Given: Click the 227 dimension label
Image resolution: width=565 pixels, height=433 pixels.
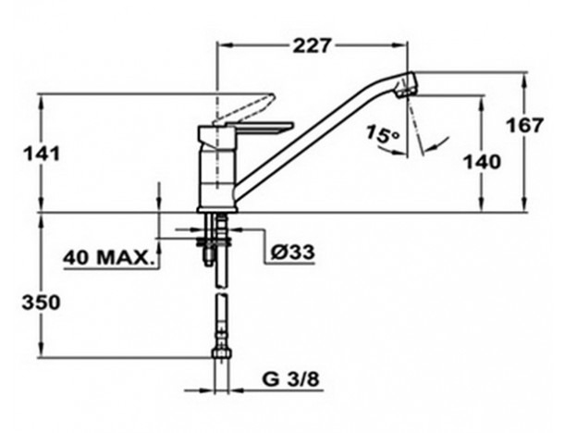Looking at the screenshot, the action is point(312,46).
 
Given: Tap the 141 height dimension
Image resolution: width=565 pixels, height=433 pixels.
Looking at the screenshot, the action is point(41,155).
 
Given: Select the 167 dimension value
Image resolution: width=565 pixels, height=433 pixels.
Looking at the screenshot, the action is point(524,126).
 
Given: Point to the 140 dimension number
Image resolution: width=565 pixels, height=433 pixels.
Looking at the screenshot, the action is point(482,162).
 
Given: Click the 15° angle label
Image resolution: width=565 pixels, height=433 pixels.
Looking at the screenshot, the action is point(383,134).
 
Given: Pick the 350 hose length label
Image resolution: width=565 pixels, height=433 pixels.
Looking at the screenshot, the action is point(41,303).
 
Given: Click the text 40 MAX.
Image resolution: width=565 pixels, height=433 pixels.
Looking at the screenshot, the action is point(107,258).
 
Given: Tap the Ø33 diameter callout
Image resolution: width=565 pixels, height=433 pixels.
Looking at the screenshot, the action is point(292,252).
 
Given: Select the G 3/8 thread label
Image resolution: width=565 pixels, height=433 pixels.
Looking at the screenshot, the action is point(291,379).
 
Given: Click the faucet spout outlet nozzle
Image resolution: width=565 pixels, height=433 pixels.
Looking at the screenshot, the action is point(407,84).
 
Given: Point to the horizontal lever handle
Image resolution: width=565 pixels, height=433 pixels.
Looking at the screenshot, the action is point(260,128).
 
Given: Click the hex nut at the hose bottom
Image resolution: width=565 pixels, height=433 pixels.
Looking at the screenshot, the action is point(221,353).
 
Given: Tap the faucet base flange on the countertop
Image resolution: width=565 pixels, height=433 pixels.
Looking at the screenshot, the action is point(217,209).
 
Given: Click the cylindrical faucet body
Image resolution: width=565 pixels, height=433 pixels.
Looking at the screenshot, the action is point(217,173).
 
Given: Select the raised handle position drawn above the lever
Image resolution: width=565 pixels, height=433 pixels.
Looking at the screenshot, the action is point(244,109).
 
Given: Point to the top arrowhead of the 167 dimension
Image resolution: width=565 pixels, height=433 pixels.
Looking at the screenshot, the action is point(524,80).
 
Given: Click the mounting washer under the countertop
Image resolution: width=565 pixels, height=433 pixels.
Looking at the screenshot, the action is point(214,241).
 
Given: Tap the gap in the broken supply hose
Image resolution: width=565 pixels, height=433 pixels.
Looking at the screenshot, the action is point(221,291).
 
